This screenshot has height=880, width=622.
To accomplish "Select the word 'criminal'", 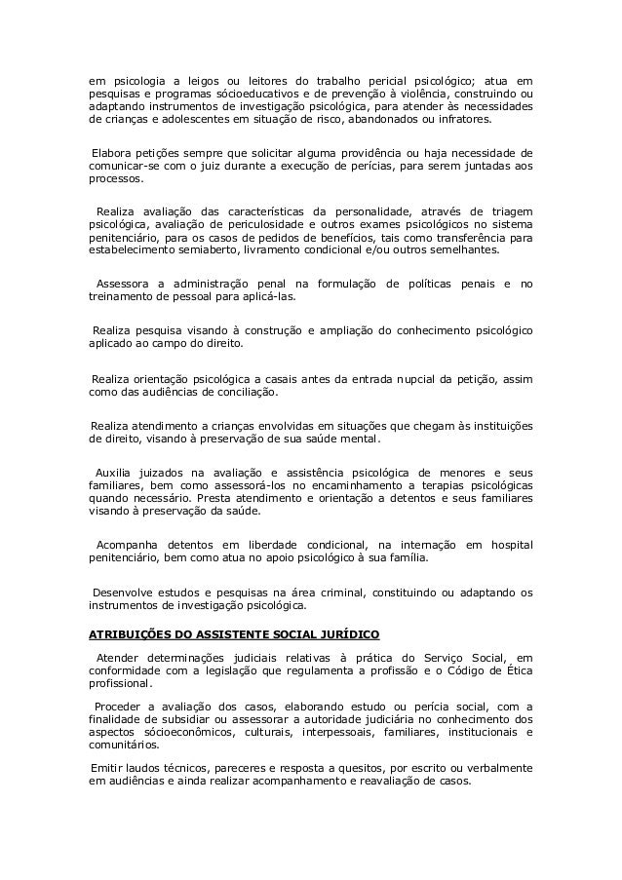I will tap(359, 591).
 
